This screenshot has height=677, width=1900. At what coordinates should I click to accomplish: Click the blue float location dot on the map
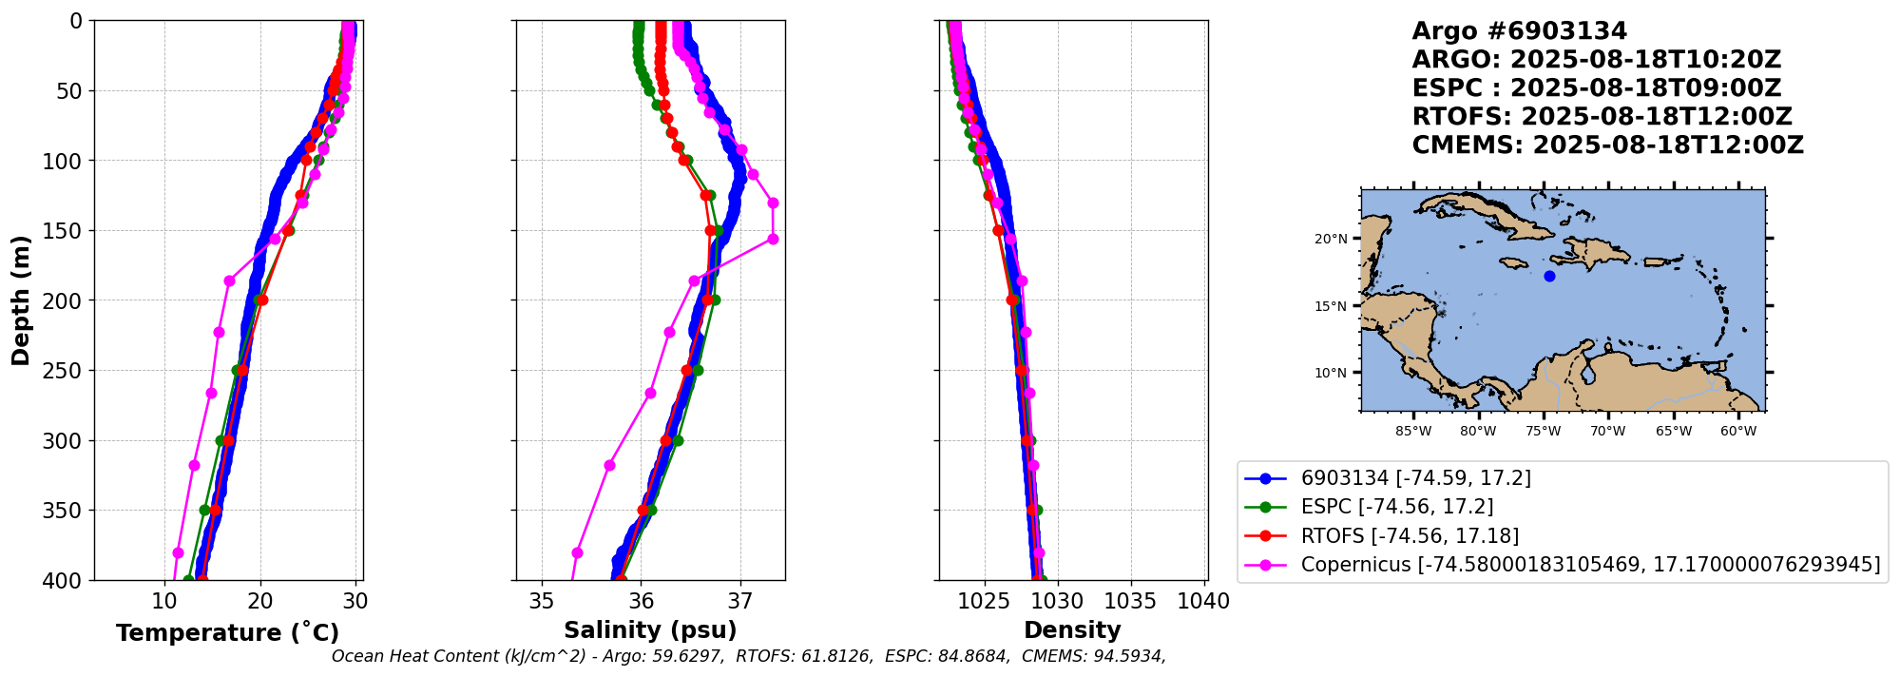pyautogui.click(x=1549, y=276)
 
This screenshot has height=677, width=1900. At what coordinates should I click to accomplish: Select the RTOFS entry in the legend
pyautogui.click(x=1410, y=536)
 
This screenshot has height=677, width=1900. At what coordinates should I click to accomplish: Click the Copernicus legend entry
pyautogui.click(x=1590, y=565)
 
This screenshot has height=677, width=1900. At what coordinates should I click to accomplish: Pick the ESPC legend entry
pyautogui.click(x=1396, y=507)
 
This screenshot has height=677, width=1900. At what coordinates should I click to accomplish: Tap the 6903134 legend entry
pyautogui.click(x=1415, y=478)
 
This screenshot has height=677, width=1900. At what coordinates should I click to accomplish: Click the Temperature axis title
pyautogui.click(x=227, y=633)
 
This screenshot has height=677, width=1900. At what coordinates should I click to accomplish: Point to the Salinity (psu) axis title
pyautogui.click(x=650, y=630)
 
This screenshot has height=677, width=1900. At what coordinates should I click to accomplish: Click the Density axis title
pyautogui.click(x=1072, y=630)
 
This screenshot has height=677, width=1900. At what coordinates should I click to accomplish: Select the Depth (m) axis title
pyautogui.click(x=20, y=300)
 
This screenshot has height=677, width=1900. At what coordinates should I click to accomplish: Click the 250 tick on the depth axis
pyautogui.click(x=65, y=371)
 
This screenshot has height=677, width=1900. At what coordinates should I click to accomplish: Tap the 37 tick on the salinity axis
pyautogui.click(x=739, y=602)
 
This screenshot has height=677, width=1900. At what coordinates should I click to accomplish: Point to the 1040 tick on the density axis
pyautogui.click(x=1203, y=602)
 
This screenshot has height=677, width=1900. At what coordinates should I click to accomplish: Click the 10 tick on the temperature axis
pyautogui.click(x=165, y=602)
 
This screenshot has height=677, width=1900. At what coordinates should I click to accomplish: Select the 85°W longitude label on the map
pyautogui.click(x=1413, y=431)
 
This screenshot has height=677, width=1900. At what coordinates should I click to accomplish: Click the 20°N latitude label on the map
pyautogui.click(x=1331, y=239)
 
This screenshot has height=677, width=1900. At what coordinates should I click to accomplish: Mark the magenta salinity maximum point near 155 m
pyautogui.click(x=773, y=239)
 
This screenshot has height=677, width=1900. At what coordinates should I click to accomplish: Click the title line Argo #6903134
pyautogui.click(x=1519, y=31)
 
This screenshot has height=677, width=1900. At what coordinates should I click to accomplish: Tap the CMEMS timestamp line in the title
pyautogui.click(x=1607, y=145)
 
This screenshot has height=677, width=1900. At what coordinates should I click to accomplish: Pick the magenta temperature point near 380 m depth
pyautogui.click(x=178, y=552)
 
